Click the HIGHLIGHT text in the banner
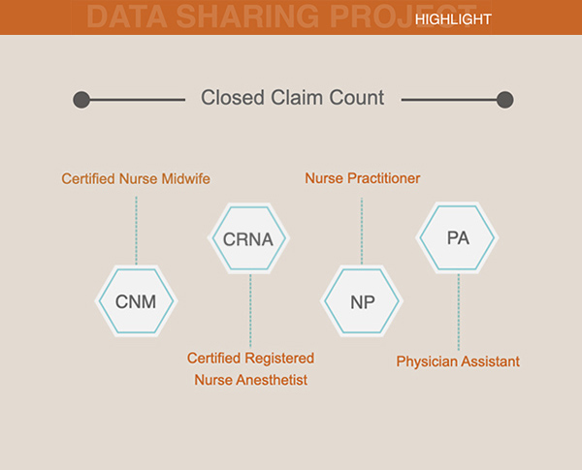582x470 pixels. pos(453,19)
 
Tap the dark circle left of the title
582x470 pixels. pos(81,100)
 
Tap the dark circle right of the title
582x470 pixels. pos(505,100)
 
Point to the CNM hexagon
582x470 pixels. pos(136,300)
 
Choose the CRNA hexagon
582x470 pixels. pos(248,238)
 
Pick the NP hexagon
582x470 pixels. pos(362,300)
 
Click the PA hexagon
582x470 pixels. pos(457,237)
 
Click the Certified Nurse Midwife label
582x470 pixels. pos(136,179)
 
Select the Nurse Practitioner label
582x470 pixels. pos(363,178)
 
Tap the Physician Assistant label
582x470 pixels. pos(458,361)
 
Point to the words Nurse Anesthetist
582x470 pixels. pos(251,380)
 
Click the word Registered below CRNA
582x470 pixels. pos(279,359)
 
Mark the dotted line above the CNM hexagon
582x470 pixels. pos(136,231)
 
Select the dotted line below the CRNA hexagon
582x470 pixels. pos(250,311)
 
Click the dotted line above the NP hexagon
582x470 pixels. pos(362,231)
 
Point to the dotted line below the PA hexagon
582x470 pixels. pos(459,312)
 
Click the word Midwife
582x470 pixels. pos(186,179)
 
